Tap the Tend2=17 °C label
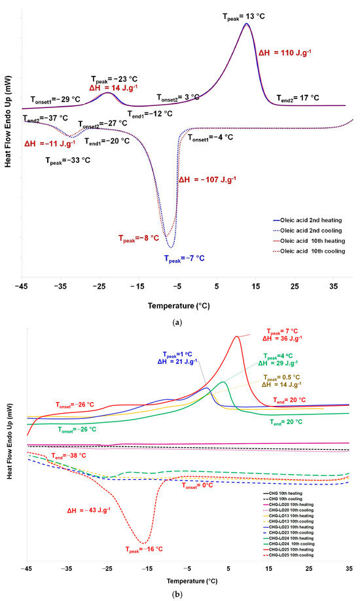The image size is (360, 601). click(x=295, y=98)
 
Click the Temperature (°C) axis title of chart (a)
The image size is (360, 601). click(x=179, y=305)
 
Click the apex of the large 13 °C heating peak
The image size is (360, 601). click(x=246, y=24)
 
